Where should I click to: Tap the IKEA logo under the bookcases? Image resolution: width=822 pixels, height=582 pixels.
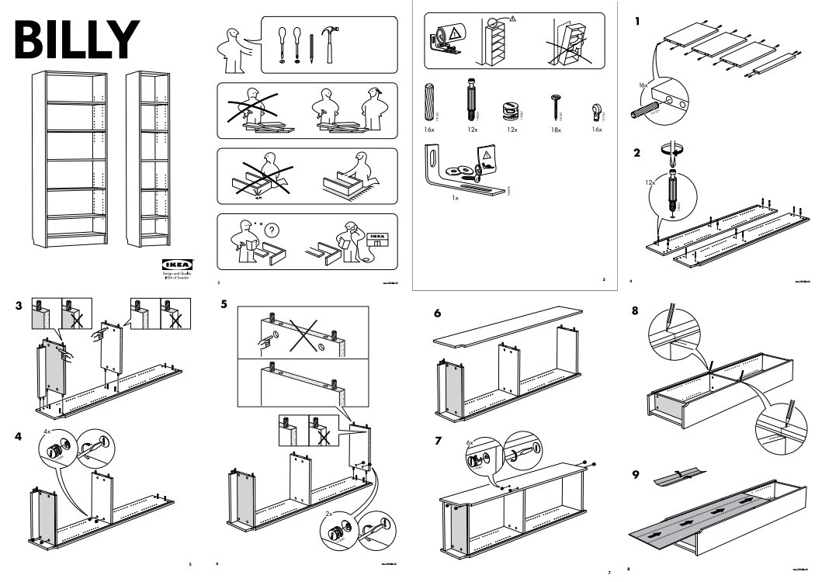click(x=177, y=265)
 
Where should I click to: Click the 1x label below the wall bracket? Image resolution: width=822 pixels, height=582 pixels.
click(x=455, y=199)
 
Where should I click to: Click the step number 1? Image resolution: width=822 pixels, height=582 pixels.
click(x=637, y=21)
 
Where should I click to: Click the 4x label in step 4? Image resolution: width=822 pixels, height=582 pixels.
click(x=47, y=431)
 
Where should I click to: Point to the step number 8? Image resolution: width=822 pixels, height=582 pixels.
click(x=636, y=312)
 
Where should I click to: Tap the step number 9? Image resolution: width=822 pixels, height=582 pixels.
click(x=636, y=474)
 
